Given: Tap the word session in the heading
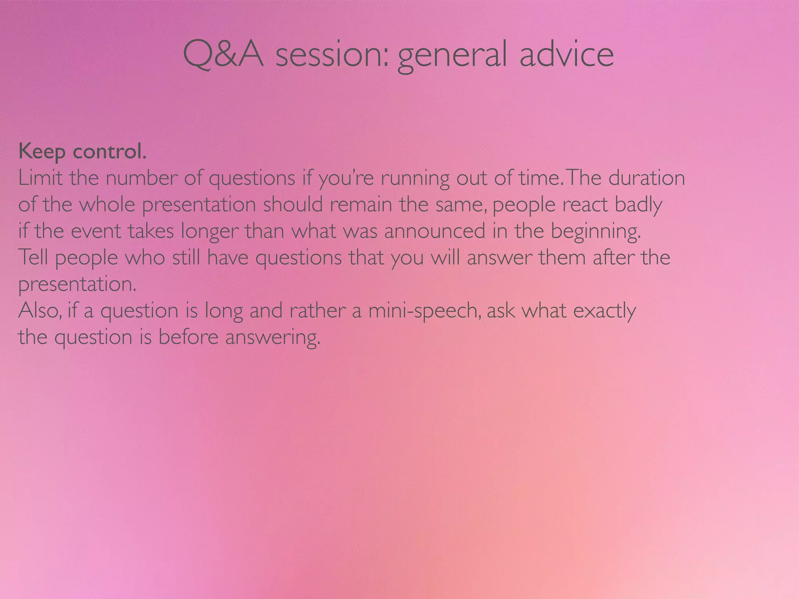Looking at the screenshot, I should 332,55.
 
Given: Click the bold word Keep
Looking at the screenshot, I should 42,151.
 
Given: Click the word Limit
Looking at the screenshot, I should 40,178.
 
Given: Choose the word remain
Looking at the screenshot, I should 361,204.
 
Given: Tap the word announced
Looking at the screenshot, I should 435,231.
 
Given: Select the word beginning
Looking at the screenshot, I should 596,232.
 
